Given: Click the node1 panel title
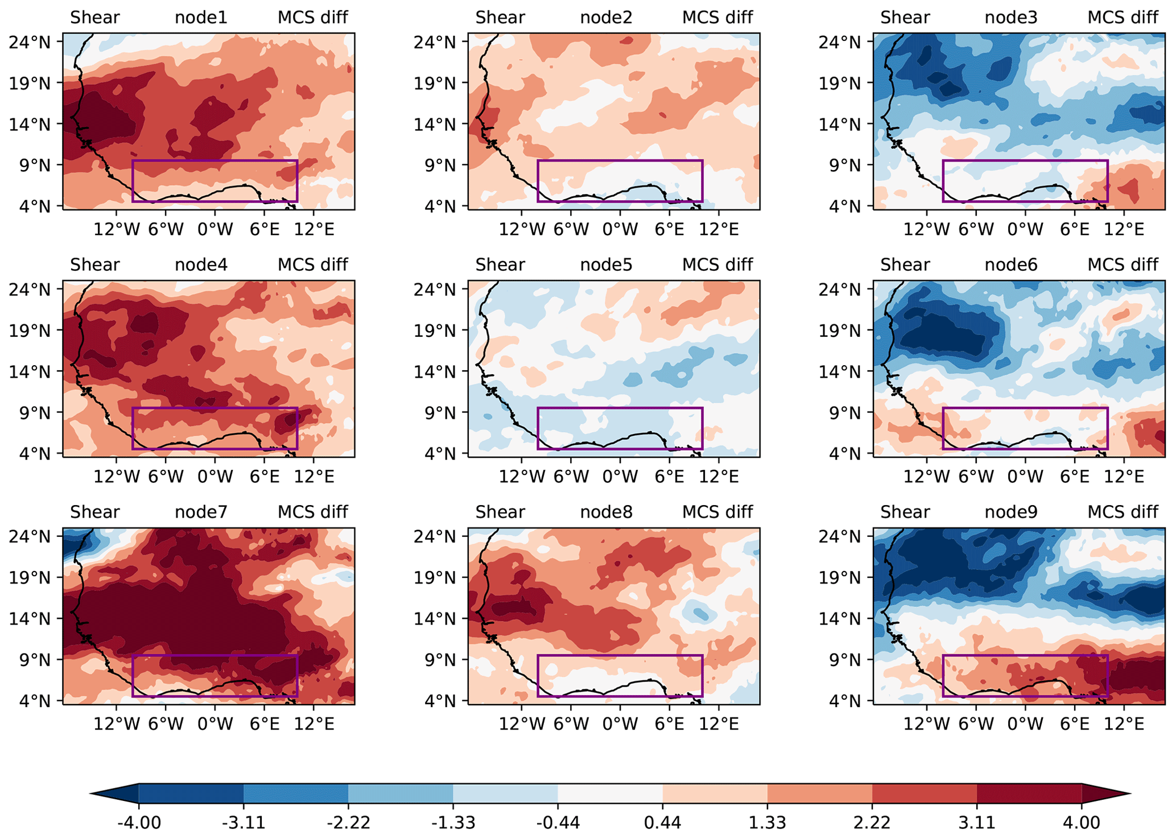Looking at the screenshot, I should point(201,18).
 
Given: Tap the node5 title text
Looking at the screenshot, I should point(606,265).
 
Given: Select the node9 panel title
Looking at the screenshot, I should point(1011,513).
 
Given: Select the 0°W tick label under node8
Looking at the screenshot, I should point(620,724).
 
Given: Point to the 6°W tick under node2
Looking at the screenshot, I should point(571,229).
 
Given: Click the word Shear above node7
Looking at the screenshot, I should point(95,513).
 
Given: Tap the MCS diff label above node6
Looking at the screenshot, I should point(1123,265).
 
